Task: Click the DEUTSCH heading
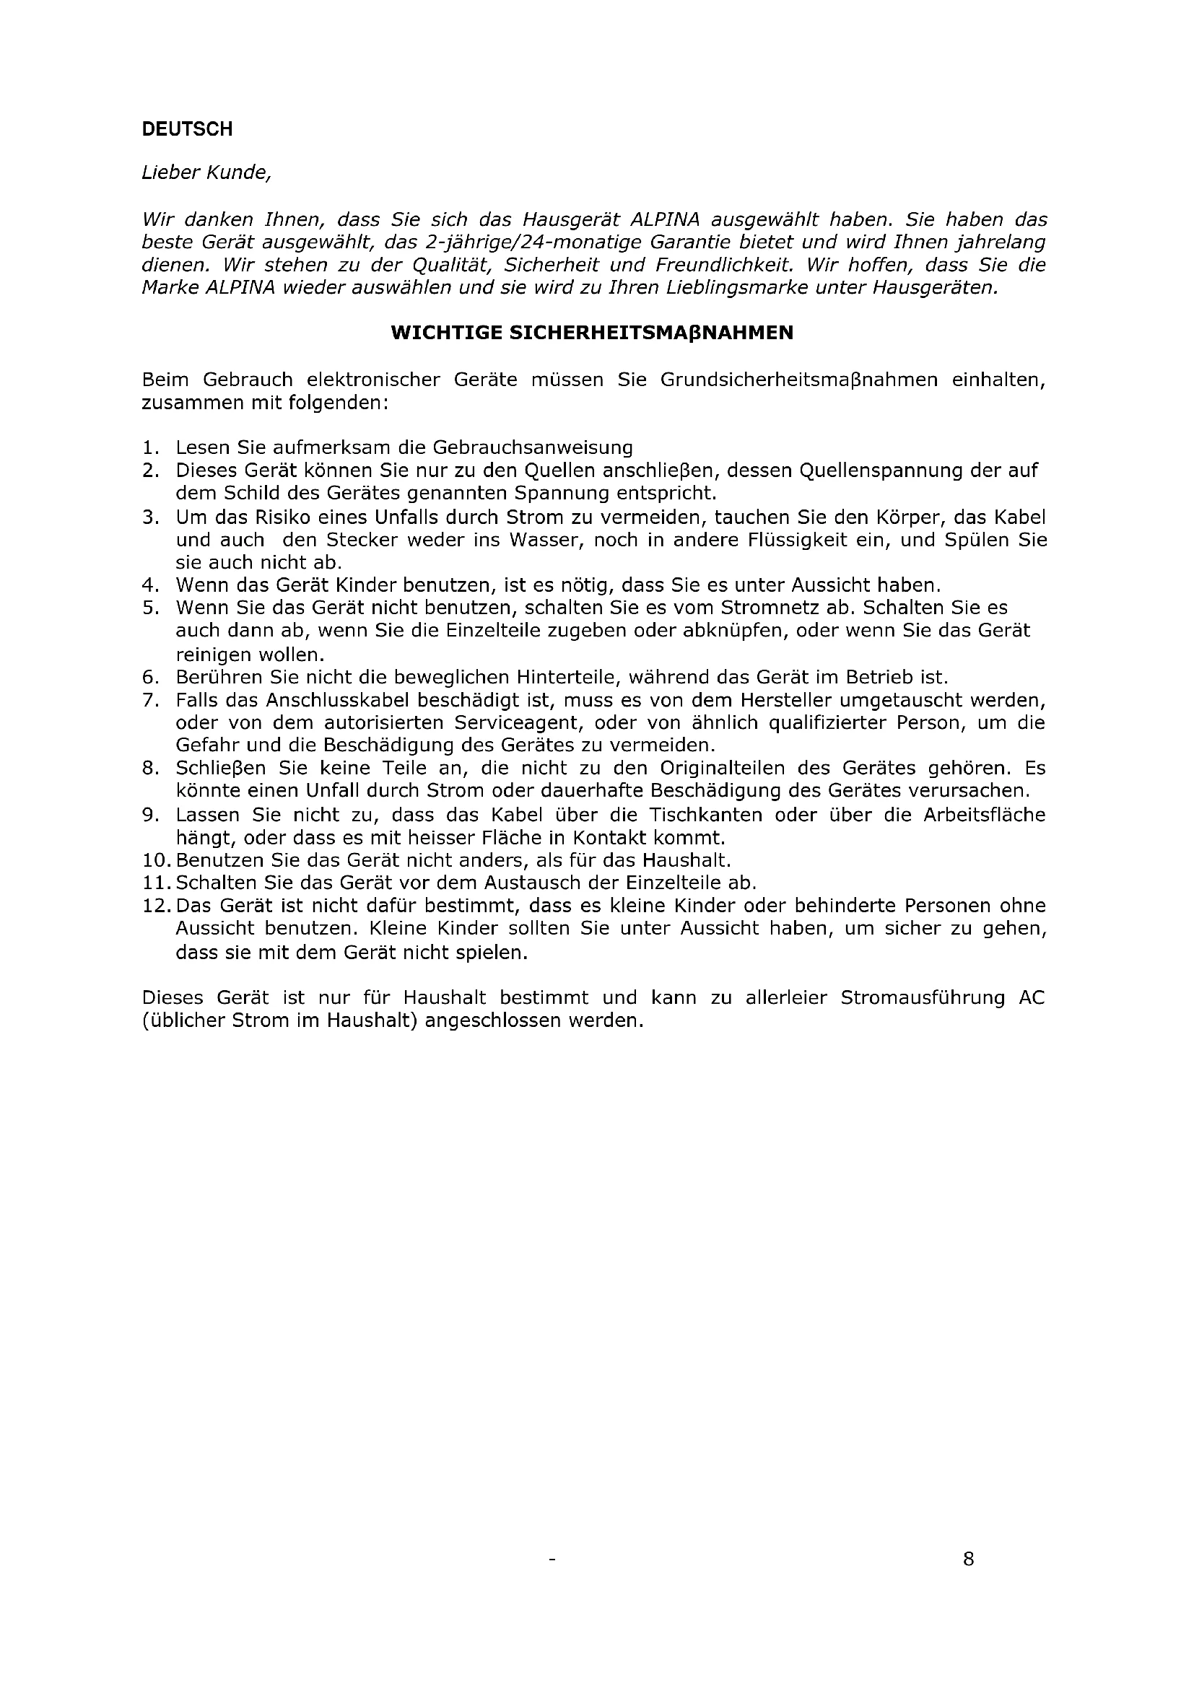click(187, 129)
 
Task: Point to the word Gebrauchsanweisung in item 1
click(532, 447)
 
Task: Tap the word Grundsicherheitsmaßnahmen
click(799, 380)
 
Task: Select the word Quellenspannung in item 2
click(880, 471)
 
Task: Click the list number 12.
click(156, 906)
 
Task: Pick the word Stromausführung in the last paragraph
click(922, 997)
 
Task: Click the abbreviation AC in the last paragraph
click(1032, 997)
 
